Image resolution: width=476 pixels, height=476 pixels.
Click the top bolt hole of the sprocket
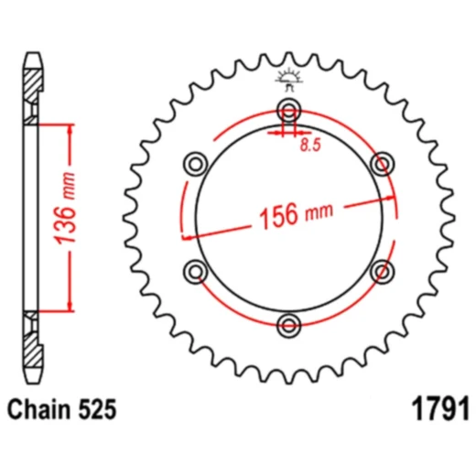(x=290, y=113)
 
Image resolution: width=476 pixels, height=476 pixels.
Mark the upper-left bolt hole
(x=196, y=165)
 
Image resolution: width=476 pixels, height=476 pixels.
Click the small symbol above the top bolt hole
(x=290, y=80)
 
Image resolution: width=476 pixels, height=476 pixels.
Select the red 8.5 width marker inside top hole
(x=290, y=134)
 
